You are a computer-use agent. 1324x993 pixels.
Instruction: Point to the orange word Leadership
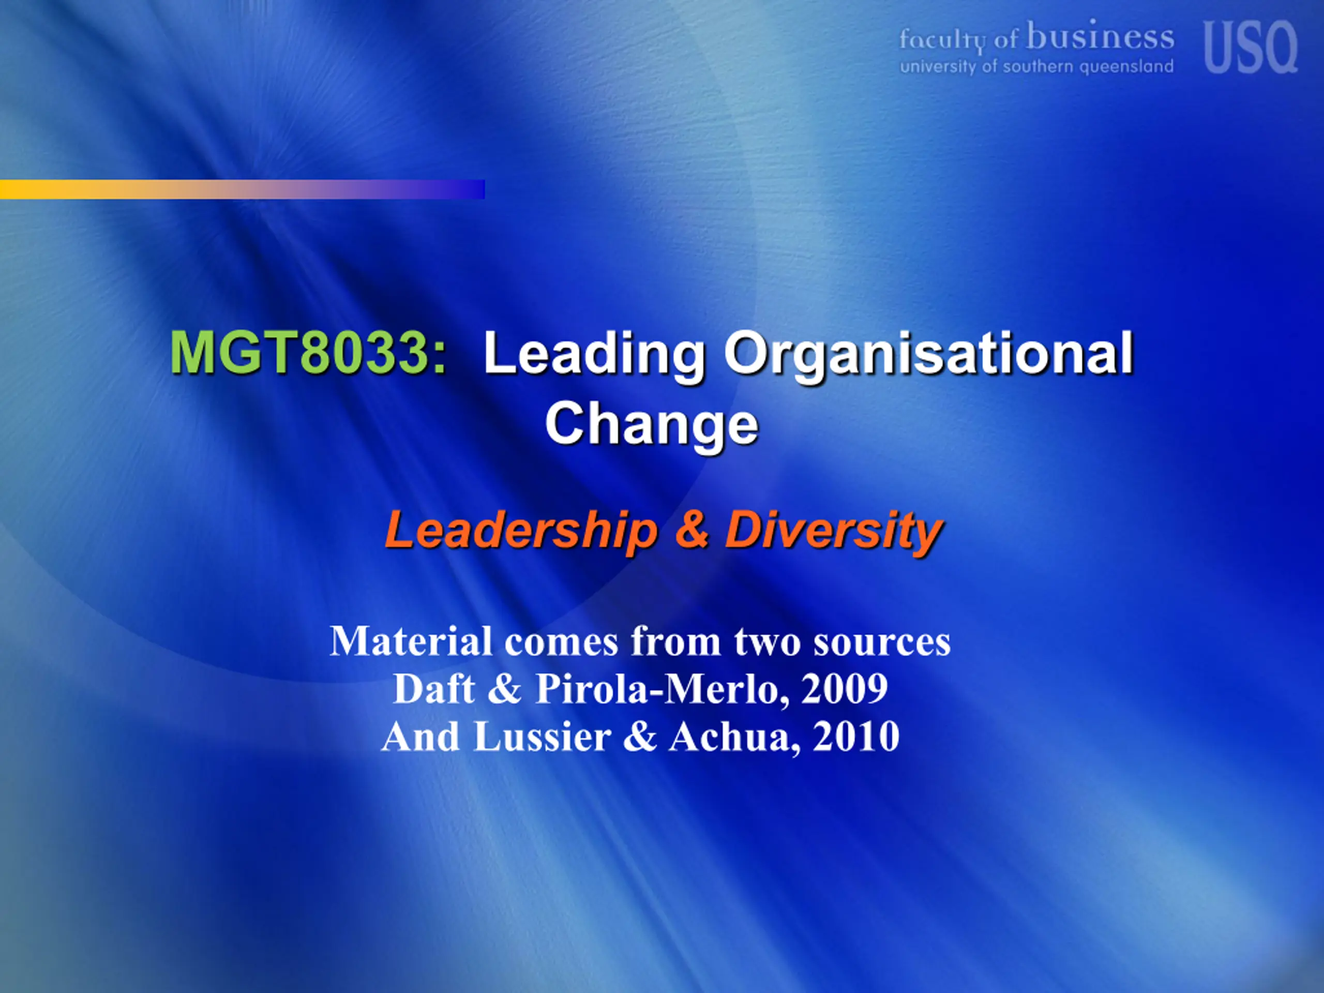pos(521,530)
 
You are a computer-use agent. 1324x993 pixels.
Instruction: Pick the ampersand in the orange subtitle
pos(691,529)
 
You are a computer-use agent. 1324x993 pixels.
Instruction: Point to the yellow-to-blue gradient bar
pos(243,189)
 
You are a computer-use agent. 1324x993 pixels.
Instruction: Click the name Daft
pos(434,689)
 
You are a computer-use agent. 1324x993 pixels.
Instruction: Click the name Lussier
pos(543,737)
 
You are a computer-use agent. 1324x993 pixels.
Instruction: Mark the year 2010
pos(856,737)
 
